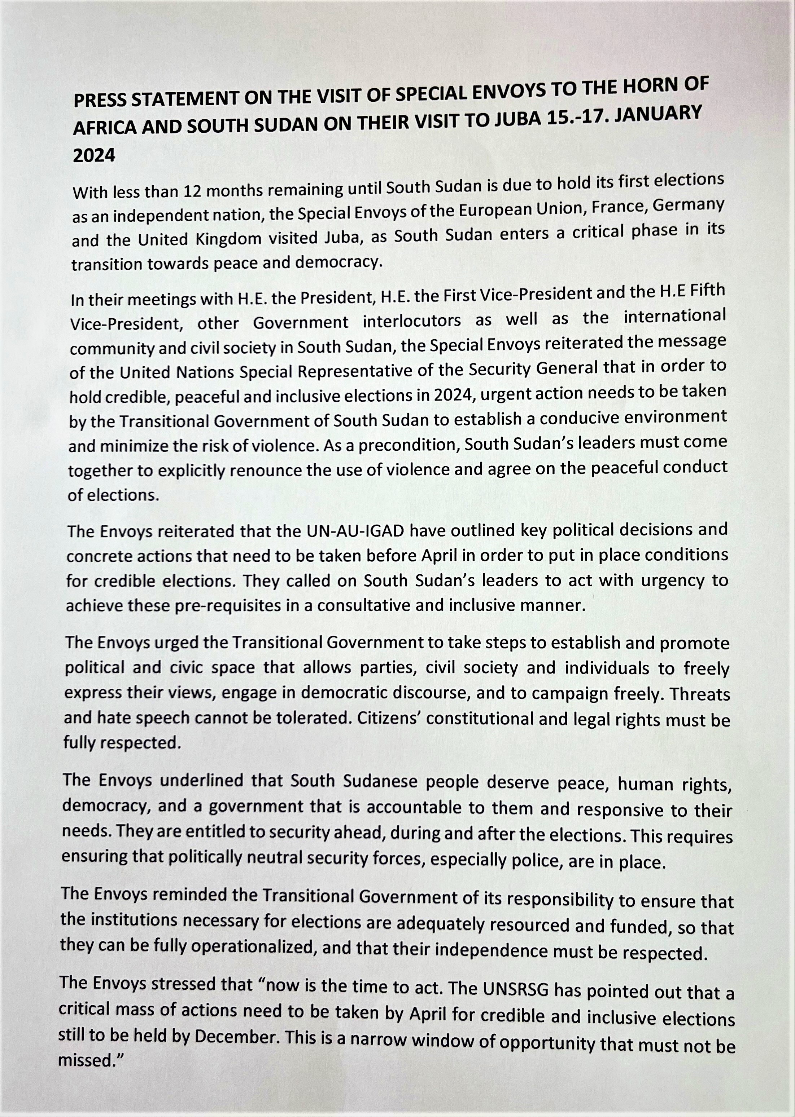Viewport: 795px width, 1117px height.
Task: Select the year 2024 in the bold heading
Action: tap(94, 155)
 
